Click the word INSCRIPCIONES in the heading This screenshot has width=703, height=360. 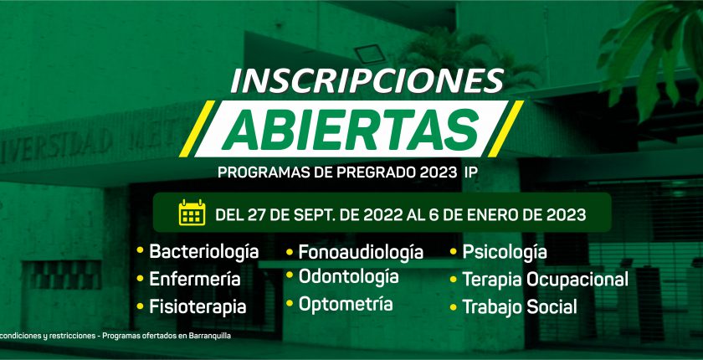pos(367,80)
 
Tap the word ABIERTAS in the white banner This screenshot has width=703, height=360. pos(351,130)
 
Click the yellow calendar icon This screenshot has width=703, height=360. pos(192,213)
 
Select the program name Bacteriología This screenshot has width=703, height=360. pos(204,252)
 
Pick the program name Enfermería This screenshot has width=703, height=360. pos(195,279)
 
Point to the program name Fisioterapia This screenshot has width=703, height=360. pos(198,307)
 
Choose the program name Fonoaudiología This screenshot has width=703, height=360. pos(361,252)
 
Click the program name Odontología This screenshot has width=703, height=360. pos(349,276)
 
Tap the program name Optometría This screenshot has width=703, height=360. pos(346,304)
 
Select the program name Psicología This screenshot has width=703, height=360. pos(505,252)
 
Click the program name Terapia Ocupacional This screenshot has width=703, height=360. pos(545,280)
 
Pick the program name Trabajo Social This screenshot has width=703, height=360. pos(520,307)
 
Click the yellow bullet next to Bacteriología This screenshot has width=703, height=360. pos(140,250)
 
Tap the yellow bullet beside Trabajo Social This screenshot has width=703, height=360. pos(454,307)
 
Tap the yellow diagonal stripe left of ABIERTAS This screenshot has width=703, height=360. pos(198,129)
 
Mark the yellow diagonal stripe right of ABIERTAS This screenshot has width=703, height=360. pos(505,129)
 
